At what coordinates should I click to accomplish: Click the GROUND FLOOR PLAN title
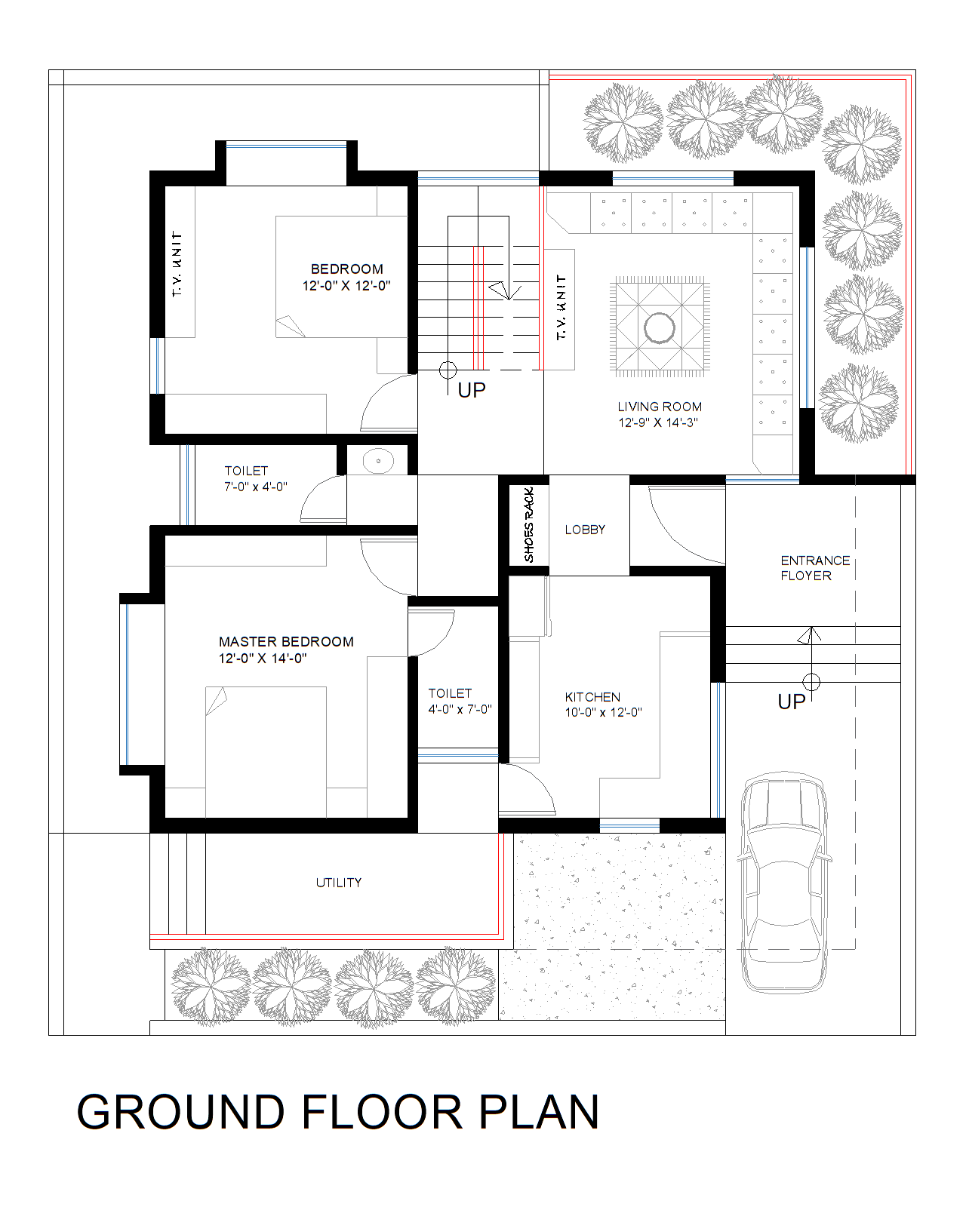338,1112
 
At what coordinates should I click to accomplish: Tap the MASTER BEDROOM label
286,642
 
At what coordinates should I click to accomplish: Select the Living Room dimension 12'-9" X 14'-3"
658,422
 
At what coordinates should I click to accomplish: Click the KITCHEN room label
592,697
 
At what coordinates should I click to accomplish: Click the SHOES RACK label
529,525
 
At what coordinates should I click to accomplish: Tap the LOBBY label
585,530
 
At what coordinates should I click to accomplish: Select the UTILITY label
339,883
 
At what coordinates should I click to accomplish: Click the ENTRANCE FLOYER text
814,568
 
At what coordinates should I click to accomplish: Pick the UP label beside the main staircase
472,390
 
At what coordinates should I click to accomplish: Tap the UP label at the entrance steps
792,702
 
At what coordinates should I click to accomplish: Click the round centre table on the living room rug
660,328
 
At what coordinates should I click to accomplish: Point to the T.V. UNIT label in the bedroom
178,263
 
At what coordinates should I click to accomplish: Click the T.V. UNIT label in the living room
561,307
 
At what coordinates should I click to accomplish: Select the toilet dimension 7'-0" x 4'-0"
255,487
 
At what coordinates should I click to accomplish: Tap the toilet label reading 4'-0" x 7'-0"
460,709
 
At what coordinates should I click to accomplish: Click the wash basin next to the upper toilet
377,461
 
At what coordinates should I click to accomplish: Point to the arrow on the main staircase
500,290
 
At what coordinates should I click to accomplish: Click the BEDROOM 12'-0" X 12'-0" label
346,277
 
